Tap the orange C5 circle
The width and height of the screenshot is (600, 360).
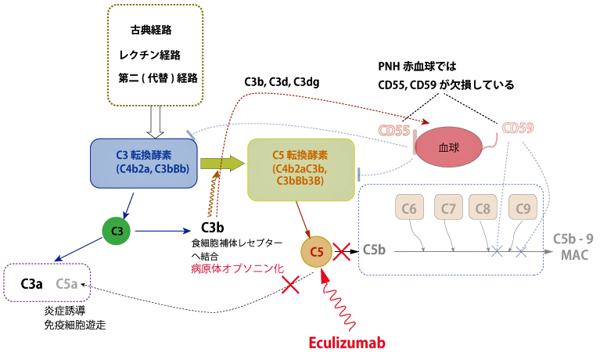(316, 252)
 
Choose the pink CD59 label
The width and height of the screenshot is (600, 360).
(519, 128)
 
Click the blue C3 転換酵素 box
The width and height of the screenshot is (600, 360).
(143, 163)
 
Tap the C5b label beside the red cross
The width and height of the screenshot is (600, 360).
(375, 250)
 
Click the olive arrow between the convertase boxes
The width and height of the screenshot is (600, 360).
(222, 163)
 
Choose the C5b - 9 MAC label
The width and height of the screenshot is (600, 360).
(573, 244)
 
